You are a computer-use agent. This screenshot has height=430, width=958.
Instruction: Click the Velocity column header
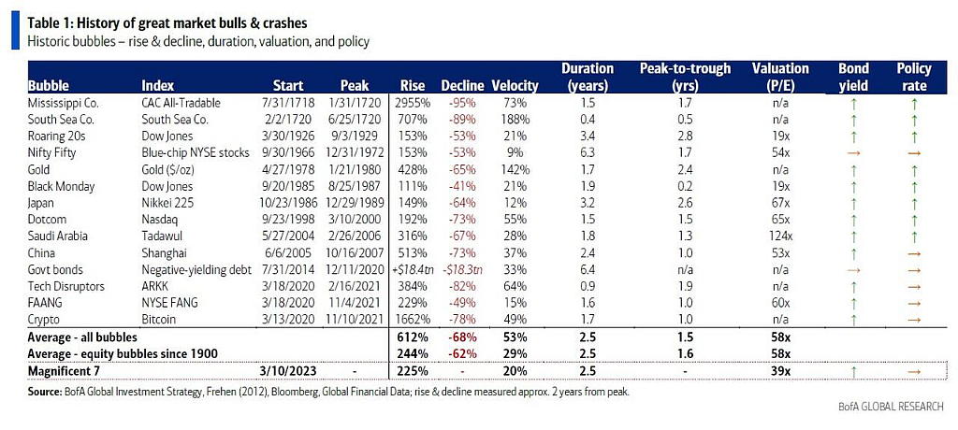(x=515, y=86)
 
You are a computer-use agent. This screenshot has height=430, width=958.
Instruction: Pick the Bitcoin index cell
(x=158, y=318)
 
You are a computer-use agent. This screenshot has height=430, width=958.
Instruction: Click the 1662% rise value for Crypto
(x=415, y=318)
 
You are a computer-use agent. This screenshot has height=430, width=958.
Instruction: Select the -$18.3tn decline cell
(x=462, y=269)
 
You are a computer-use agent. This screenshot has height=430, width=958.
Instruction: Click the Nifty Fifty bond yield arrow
(x=853, y=152)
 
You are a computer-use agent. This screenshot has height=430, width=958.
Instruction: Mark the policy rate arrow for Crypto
(x=914, y=318)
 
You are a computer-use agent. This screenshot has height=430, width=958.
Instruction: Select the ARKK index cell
(x=154, y=285)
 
